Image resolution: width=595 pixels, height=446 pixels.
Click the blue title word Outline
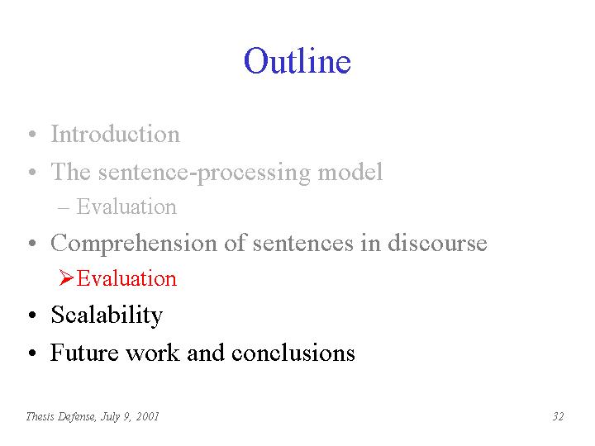tap(297, 60)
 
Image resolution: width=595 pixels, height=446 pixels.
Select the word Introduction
tap(116, 134)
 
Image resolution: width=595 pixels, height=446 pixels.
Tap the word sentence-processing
tap(205, 173)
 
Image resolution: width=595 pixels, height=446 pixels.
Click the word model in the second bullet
tap(350, 172)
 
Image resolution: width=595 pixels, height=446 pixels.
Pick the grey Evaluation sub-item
tap(126, 206)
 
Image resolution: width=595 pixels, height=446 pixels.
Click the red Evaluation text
tap(126, 278)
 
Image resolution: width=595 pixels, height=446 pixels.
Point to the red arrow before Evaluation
tap(66, 278)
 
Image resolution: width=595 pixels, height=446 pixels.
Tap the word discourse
tap(437, 242)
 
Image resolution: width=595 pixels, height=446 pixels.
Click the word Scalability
tap(107, 316)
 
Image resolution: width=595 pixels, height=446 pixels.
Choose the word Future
tap(84, 353)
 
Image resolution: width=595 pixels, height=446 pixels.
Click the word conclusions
tap(293, 353)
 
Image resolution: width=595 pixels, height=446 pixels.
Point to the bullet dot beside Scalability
tap(32, 316)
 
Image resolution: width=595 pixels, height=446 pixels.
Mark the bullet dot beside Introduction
tap(32, 134)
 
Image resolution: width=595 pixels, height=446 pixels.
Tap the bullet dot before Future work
tap(32, 353)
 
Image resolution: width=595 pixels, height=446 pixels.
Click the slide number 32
tap(558, 416)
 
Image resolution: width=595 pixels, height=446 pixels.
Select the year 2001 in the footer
tap(147, 416)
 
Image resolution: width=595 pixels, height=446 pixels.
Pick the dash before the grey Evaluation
tap(64, 208)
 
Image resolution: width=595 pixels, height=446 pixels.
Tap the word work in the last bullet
tap(153, 353)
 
